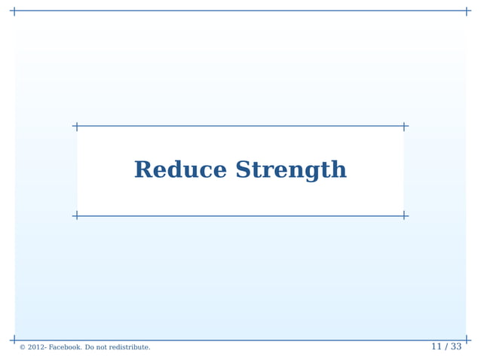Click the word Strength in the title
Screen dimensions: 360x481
pyautogui.click(x=291, y=171)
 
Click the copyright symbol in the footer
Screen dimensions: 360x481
pyautogui.click(x=23, y=347)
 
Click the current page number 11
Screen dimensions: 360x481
pyautogui.click(x=436, y=346)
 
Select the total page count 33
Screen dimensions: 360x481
pyautogui.click(x=455, y=346)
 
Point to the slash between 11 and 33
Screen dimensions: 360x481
pyautogui.click(x=446, y=346)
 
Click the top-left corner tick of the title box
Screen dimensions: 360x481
pyautogui.click(x=77, y=127)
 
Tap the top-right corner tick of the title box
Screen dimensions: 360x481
pyautogui.click(x=404, y=127)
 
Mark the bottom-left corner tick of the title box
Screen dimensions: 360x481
pyautogui.click(x=77, y=216)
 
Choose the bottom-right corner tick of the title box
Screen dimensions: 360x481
pyautogui.click(x=404, y=216)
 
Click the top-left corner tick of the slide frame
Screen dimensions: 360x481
pyautogui.click(x=14, y=11)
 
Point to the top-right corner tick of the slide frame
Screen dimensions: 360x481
pyautogui.click(x=467, y=11)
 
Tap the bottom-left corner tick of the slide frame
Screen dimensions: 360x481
pyautogui.click(x=14, y=340)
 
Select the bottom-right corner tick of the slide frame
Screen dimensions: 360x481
pyautogui.click(x=467, y=340)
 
